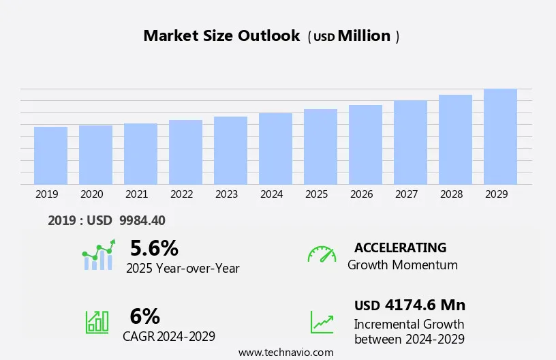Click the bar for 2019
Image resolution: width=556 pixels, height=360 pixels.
coord(50,155)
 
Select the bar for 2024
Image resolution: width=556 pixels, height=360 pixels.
coord(275,149)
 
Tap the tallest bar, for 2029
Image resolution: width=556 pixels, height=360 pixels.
coord(500,136)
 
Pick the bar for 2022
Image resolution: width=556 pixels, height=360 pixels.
coord(185,152)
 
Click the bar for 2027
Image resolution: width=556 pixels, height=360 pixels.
coord(410,142)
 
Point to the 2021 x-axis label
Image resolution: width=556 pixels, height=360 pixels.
coord(136,194)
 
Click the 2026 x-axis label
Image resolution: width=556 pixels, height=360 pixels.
coord(361,194)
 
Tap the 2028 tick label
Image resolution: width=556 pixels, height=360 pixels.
coord(451,194)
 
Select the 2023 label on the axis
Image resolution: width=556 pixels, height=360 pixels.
coord(226,194)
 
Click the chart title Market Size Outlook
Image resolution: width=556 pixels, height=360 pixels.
coord(221,36)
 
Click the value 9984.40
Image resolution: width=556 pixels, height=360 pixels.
coord(142,220)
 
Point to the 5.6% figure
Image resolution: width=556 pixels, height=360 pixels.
coord(154,247)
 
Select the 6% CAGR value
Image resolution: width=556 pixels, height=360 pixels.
coord(144,316)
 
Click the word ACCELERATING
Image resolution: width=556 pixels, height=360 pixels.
coord(400,247)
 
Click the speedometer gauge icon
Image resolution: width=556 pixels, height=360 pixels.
coord(322,254)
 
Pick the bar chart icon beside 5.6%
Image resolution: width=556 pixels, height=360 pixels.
coord(99,255)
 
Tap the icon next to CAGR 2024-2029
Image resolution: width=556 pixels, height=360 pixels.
coord(97,322)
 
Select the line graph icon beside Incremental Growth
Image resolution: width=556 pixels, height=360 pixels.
coord(322,322)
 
